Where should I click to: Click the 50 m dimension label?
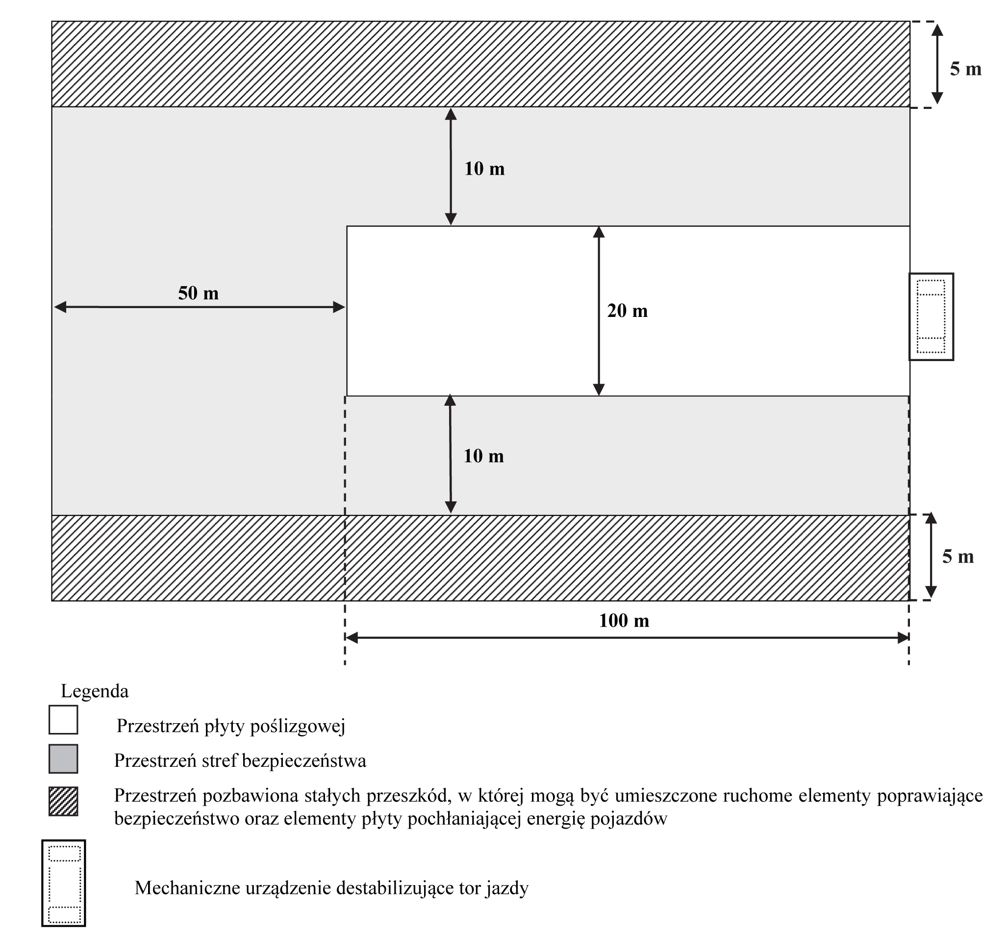[x=198, y=293]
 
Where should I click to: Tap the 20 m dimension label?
[x=627, y=311]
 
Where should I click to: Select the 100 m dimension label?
[x=624, y=621]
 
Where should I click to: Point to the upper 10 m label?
[x=484, y=169]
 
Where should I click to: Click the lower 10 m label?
[x=483, y=456]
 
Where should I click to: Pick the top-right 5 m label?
[x=965, y=69]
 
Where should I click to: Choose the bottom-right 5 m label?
[x=958, y=557]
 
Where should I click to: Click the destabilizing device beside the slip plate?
[x=931, y=316]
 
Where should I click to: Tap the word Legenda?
[x=95, y=691]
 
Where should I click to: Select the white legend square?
[x=63, y=719]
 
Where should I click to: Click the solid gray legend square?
[x=63, y=758]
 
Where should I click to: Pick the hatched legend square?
[x=63, y=801]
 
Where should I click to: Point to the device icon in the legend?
[x=64, y=883]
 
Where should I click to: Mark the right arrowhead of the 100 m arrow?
[x=903, y=638]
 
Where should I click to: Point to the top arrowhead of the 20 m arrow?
[x=599, y=233]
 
